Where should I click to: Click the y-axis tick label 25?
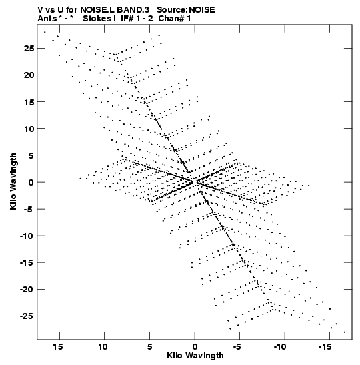click(29, 49)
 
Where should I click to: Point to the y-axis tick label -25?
click(27, 316)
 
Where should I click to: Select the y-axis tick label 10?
click(29, 129)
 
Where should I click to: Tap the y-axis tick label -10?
click(27, 236)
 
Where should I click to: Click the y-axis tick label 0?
click(31, 182)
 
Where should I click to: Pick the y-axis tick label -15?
click(27, 263)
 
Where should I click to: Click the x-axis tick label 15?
click(58, 347)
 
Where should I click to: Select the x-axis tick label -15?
click(325, 347)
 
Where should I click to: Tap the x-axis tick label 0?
click(195, 347)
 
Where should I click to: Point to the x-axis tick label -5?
click(237, 347)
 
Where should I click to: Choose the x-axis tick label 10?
click(103, 347)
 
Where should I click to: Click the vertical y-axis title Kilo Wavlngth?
click(13, 181)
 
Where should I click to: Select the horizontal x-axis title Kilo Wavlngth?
click(195, 356)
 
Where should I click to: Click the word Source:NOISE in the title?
click(186, 10)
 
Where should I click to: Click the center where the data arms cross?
click(195, 182)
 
